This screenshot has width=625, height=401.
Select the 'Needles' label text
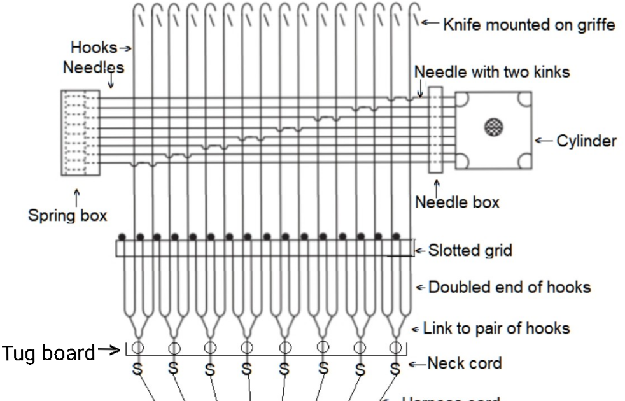click(x=93, y=67)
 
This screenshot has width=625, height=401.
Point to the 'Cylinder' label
click(x=586, y=141)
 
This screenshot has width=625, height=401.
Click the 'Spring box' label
click(x=67, y=215)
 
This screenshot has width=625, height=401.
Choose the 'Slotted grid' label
click(x=470, y=250)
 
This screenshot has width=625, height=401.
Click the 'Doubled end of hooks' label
click(x=509, y=287)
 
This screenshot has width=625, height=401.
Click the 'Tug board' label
click(x=48, y=351)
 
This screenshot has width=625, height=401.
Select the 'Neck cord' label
click(x=464, y=363)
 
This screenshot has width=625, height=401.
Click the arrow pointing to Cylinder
click(x=543, y=141)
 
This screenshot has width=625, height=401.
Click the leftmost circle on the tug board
click(x=136, y=348)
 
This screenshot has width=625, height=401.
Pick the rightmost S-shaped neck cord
click(x=395, y=369)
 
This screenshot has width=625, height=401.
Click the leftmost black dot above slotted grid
click(x=123, y=237)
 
